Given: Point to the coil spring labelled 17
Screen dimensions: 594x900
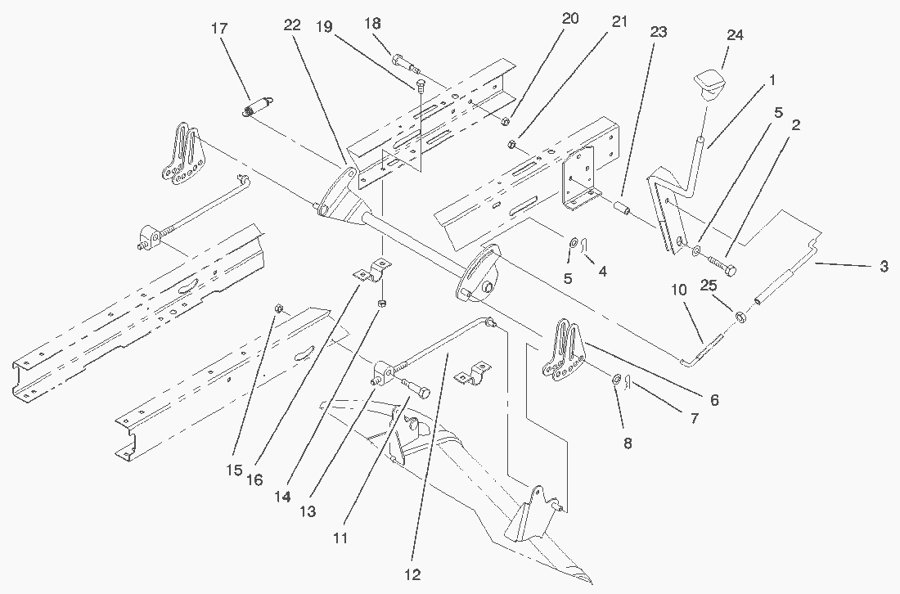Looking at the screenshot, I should [259, 107].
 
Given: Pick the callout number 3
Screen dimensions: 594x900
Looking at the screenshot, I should [883, 267].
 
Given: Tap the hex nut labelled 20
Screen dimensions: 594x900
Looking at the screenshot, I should [505, 122].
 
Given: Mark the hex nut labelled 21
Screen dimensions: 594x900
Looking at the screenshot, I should [511, 146].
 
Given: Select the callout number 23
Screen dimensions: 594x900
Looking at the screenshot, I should [659, 32].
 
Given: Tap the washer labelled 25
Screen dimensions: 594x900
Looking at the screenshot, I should [740, 316].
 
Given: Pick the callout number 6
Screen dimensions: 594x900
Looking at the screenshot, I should [714, 400].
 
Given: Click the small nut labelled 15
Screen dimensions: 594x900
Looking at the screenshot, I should [278, 308].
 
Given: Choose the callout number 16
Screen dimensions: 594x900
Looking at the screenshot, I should [254, 479].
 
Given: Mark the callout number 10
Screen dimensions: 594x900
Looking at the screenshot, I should [678, 289].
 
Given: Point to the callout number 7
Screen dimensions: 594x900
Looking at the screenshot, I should [694, 418].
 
